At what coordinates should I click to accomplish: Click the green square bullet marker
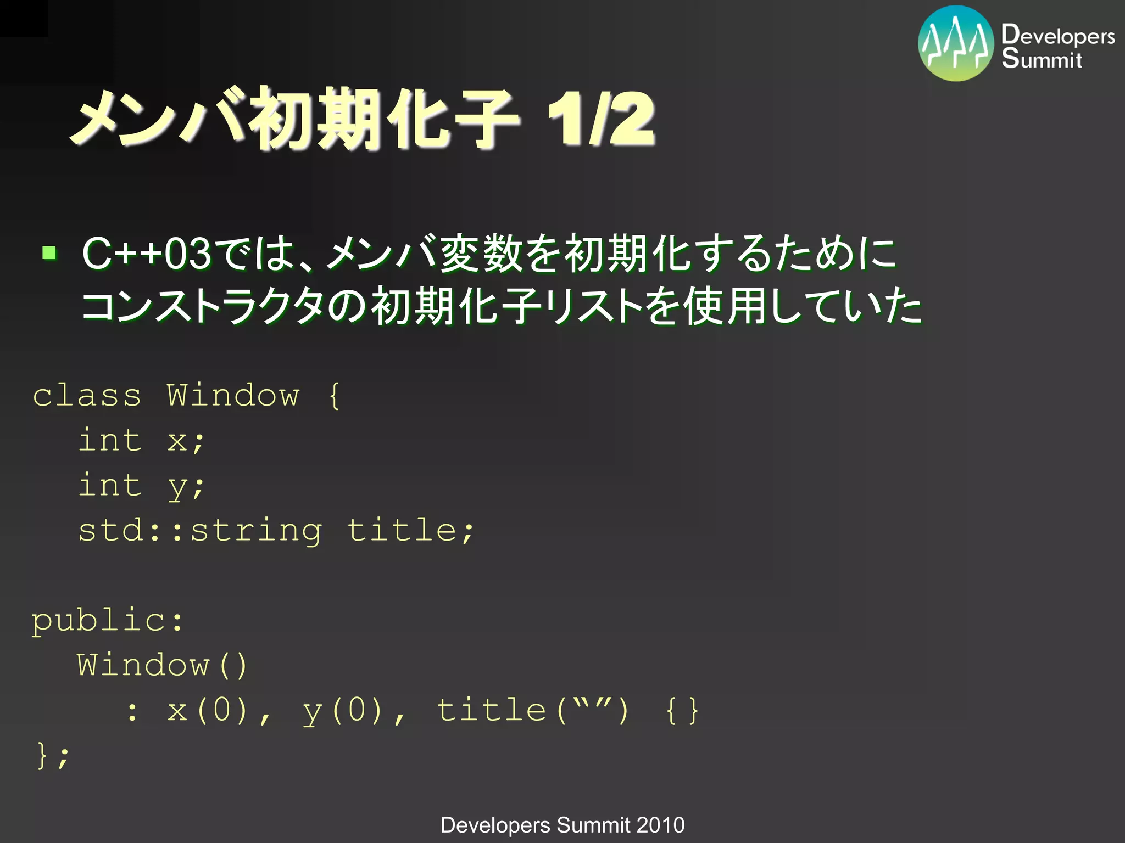tap(49, 252)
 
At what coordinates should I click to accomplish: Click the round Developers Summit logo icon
tap(956, 43)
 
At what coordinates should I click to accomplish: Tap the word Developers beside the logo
tap(1057, 35)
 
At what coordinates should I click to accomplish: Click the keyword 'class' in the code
tap(87, 396)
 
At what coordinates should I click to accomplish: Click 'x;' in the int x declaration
tap(186, 441)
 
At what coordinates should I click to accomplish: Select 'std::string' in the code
tap(200, 531)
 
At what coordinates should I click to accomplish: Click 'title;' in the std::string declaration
tap(410, 531)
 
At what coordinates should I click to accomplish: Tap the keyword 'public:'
tap(108, 621)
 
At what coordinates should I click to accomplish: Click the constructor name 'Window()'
tap(162, 666)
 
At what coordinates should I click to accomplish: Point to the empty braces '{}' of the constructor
tap(682, 711)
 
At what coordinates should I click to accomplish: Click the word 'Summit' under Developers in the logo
tap(1042, 59)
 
